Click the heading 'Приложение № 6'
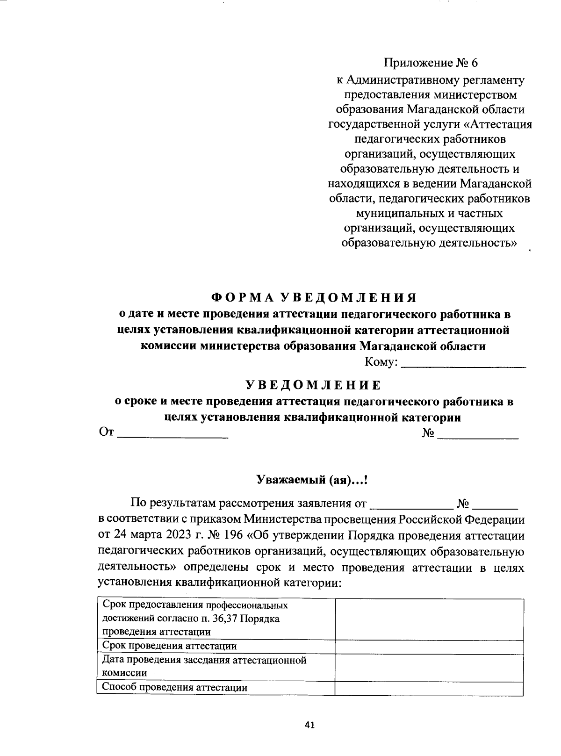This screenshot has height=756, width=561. coord(432,63)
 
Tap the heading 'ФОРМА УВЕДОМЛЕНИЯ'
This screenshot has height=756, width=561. coord(313,298)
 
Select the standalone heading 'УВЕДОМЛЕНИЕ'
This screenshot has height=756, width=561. coord(313,385)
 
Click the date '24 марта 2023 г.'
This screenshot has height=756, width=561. coord(150,536)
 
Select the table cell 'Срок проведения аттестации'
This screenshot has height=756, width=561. coord(169,646)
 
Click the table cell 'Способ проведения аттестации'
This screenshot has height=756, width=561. coord(174,687)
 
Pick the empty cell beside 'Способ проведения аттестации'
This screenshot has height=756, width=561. coord(429,688)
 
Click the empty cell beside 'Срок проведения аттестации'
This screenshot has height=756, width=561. coord(429,647)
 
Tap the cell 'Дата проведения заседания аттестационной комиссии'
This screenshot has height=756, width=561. coord(204,666)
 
